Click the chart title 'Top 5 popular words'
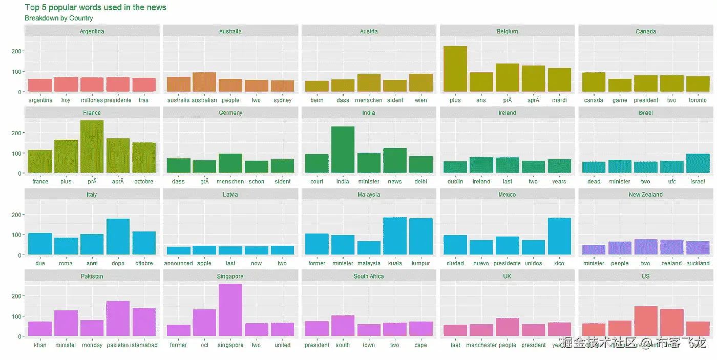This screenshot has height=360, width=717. click(95, 8)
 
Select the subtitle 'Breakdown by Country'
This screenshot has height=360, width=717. click(59, 18)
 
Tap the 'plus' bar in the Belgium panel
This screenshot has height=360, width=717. click(455, 69)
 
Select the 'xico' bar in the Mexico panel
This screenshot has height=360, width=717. click(559, 236)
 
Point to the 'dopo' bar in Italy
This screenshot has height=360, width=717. click(118, 237)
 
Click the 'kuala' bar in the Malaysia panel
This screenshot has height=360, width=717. click(395, 236)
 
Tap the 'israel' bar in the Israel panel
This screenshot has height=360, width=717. click(698, 163)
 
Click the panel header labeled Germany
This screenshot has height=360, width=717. click(230, 113)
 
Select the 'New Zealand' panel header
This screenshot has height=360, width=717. click(646, 195)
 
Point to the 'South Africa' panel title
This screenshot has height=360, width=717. click(369, 277)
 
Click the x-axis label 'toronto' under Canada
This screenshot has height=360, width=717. click(698, 100)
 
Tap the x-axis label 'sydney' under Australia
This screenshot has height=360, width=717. click(282, 100)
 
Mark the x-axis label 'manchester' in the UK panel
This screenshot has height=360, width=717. click(481, 345)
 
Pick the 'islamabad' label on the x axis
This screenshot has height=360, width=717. click(144, 345)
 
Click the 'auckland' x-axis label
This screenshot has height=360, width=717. click(698, 264)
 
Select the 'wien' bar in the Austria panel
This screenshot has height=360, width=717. click(421, 83)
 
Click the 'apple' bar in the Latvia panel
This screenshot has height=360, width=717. click(204, 250)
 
